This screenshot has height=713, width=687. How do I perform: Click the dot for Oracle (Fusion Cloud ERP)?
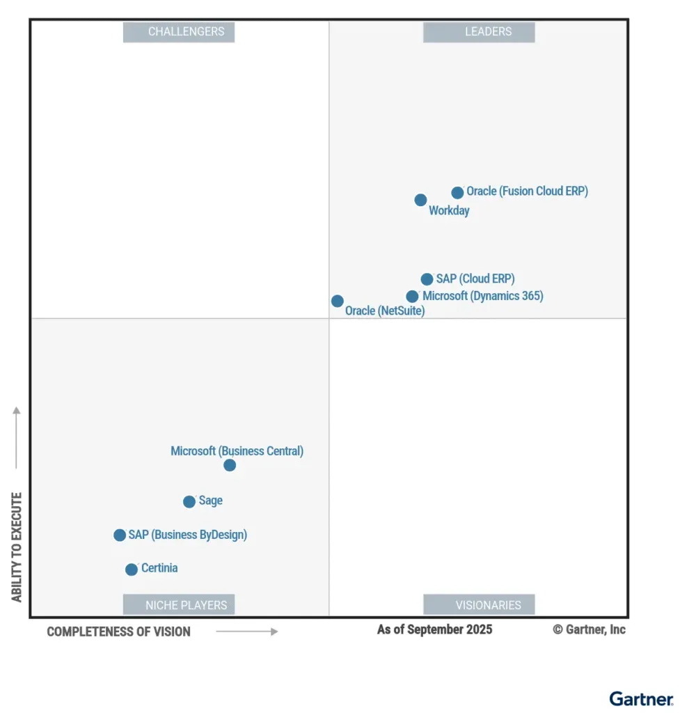(457, 193)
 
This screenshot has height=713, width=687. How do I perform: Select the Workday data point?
(420, 200)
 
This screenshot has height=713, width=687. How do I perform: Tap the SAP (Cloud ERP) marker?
(427, 279)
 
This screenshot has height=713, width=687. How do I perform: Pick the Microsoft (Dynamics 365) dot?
(412, 297)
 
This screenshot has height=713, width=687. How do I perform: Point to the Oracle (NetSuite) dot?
(337, 301)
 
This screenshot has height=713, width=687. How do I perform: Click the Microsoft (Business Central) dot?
(230, 465)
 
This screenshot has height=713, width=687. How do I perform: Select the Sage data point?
(189, 501)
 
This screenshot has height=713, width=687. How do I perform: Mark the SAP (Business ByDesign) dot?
(120, 535)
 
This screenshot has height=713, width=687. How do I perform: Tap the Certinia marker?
(131, 570)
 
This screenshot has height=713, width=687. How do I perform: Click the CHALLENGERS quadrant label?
(179, 32)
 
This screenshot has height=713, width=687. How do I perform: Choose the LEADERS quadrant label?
(479, 32)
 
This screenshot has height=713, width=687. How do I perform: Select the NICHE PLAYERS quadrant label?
(179, 605)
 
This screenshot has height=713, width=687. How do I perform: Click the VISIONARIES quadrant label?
(479, 605)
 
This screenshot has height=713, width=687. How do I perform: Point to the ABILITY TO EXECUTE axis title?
(17, 547)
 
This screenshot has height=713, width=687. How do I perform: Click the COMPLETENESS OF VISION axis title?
(118, 632)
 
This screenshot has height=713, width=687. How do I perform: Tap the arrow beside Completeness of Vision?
(246, 632)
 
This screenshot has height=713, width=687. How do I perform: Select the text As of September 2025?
(434, 629)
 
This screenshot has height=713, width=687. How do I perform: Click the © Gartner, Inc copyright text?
(589, 629)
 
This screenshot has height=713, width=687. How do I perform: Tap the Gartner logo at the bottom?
(641, 698)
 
